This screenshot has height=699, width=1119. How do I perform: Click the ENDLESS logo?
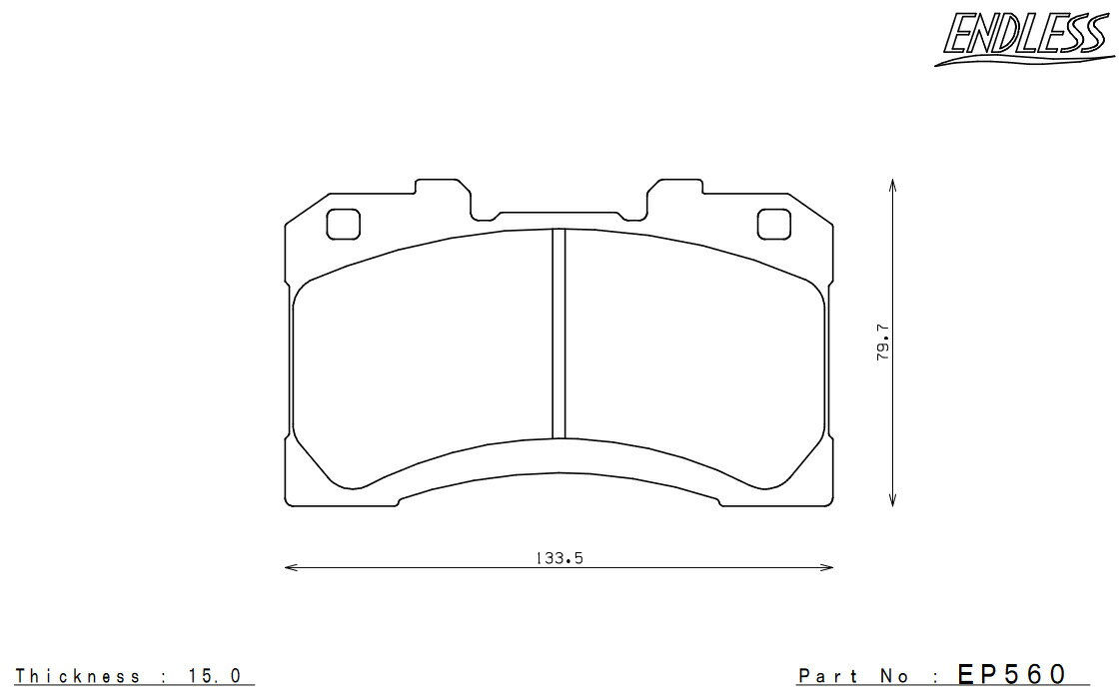point(1025,38)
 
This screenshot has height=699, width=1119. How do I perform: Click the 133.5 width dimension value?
point(559,558)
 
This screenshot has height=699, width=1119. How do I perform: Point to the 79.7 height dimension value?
point(883,342)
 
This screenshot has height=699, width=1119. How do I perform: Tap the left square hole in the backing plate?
point(344,224)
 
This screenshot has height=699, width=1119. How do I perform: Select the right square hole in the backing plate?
point(774,224)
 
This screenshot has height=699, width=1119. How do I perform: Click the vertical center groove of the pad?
point(559,334)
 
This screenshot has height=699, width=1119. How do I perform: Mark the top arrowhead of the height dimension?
point(893,186)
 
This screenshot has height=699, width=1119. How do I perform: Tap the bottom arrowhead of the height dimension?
point(893,500)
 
